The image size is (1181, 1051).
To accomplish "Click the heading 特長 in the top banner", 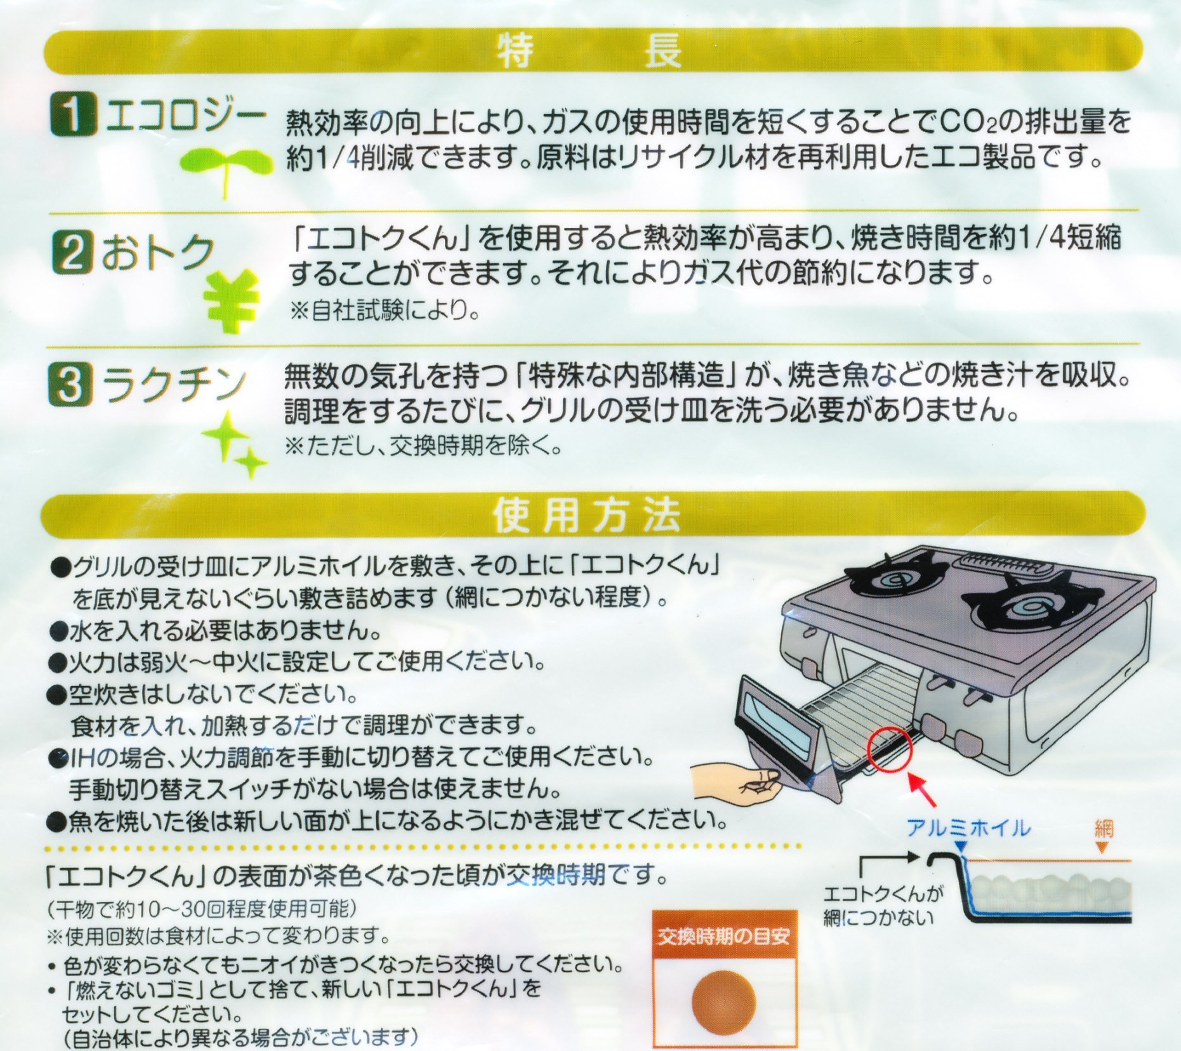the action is coord(590,50).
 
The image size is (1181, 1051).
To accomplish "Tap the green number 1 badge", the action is coord(73,114).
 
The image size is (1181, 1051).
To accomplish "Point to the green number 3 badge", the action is coord(70,385).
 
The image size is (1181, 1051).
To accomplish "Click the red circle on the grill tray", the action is coord(890,750).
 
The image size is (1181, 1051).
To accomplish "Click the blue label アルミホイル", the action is coord(968,828).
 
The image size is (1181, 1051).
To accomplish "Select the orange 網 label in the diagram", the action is coord(1104,828).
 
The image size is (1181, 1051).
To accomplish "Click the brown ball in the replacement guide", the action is coord(724,1001).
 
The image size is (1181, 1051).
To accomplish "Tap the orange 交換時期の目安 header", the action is coord(724,936).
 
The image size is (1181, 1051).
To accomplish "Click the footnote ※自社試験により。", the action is coord(384,310).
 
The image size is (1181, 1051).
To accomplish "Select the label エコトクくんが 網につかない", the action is coord(883,906).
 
